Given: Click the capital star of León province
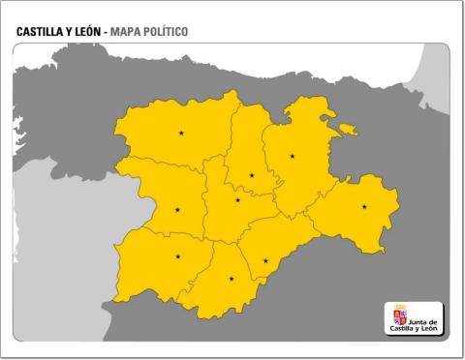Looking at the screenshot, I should click(x=181, y=133).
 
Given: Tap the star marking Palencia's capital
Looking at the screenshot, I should click(x=252, y=175).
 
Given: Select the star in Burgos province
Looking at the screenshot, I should click(x=292, y=156).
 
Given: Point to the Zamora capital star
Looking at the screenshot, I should click(x=177, y=209).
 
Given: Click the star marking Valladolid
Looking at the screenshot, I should click(x=237, y=200).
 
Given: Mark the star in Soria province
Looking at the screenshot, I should click(x=364, y=206).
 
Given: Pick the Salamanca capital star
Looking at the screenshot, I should click(x=177, y=256).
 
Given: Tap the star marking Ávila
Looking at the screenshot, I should click(x=231, y=279).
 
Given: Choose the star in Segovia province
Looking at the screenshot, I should click(x=265, y=260).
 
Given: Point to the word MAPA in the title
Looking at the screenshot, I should click(x=127, y=32).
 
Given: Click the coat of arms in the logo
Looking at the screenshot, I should click(x=399, y=316).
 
